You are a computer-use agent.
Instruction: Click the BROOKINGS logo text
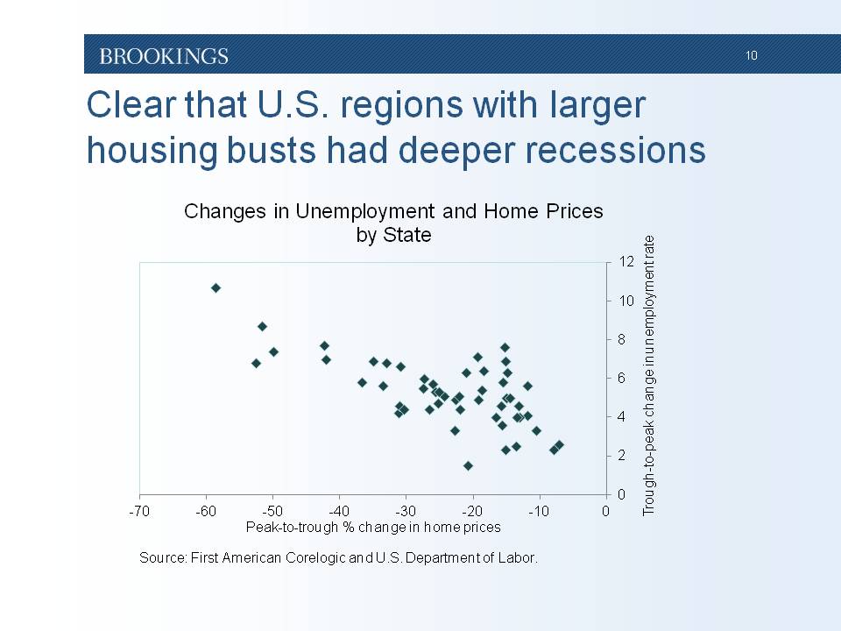(x=164, y=56)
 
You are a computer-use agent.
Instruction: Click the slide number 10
(x=752, y=56)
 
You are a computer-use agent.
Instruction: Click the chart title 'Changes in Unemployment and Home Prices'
(x=393, y=211)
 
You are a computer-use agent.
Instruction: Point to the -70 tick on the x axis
(x=139, y=511)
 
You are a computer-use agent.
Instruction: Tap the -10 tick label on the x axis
(x=539, y=511)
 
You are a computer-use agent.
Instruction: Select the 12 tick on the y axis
(x=625, y=262)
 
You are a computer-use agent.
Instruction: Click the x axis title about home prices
(x=373, y=527)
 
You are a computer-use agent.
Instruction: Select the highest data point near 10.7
(x=216, y=287)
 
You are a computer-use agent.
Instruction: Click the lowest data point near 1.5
(x=468, y=465)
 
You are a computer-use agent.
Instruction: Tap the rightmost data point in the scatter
(x=559, y=445)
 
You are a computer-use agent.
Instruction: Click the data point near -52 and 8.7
(x=262, y=326)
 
